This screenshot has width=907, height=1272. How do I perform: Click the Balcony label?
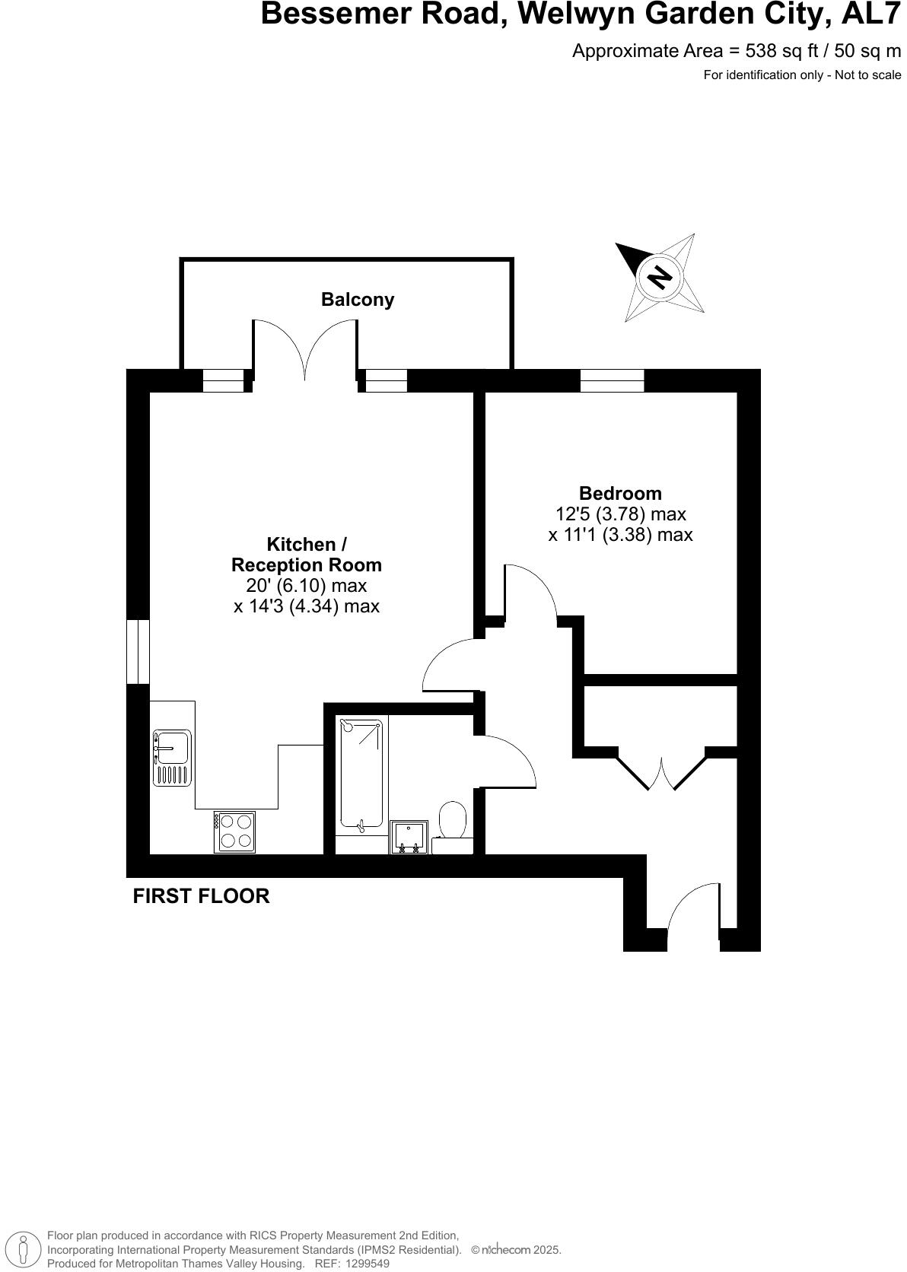point(358,300)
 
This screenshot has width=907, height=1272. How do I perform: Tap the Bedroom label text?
point(620,493)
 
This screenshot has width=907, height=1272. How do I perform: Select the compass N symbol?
point(660,276)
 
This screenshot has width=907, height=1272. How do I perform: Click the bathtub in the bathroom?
point(361,774)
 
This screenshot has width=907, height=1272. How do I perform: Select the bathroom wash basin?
point(409,838)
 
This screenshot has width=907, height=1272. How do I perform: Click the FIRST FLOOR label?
point(201,896)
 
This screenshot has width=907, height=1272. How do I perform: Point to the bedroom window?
point(612,380)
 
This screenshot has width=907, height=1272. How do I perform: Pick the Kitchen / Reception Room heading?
point(307,555)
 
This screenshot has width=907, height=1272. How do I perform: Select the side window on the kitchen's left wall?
point(138,651)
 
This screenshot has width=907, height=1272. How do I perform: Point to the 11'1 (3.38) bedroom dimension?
point(620,535)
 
